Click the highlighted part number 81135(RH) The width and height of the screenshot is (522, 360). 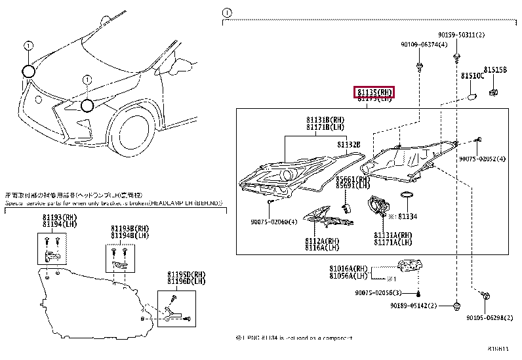pyautogui.click(x=374, y=92)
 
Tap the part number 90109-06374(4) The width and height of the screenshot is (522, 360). pyautogui.click(x=424, y=44)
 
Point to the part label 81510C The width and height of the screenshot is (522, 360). pyautogui.click(x=472, y=76)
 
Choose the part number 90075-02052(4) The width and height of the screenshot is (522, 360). pyautogui.click(x=482, y=159)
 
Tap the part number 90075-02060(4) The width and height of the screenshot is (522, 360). pyautogui.click(x=274, y=222)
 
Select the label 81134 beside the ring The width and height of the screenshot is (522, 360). pyautogui.click(x=407, y=214)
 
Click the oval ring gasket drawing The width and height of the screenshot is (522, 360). pyautogui.click(x=407, y=196)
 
